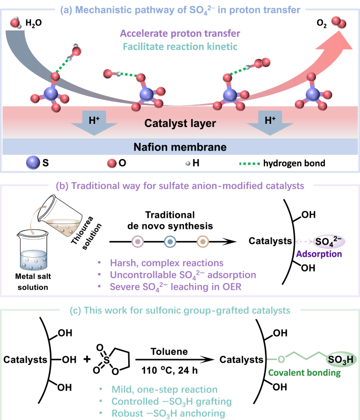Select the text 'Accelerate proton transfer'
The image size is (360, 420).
(180, 34)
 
